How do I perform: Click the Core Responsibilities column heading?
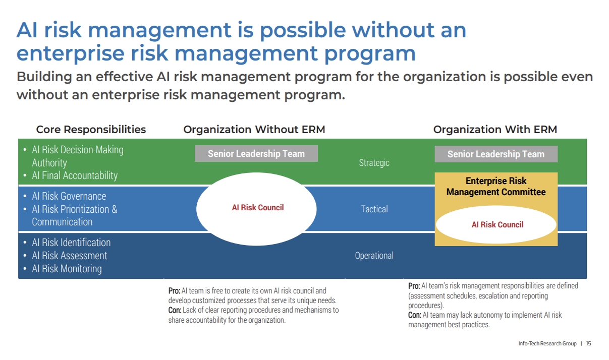91,130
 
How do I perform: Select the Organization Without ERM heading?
254,130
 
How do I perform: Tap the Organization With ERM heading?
495,130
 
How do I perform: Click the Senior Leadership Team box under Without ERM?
256,154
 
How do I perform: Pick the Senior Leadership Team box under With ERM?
496,154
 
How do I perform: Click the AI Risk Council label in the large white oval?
257,208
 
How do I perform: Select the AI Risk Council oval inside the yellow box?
497,225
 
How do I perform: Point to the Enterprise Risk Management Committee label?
496,186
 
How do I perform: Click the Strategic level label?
374,163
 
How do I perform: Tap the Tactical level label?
374,209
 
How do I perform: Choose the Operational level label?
374,256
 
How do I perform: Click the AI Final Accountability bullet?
74,175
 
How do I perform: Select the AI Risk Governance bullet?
69,196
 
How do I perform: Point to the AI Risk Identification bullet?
71,243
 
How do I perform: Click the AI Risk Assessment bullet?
69,256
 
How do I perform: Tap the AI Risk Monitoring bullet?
67,269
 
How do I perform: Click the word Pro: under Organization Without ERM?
174,291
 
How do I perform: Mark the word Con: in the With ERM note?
415,315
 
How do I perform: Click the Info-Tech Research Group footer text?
547,344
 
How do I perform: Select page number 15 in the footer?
588,344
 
